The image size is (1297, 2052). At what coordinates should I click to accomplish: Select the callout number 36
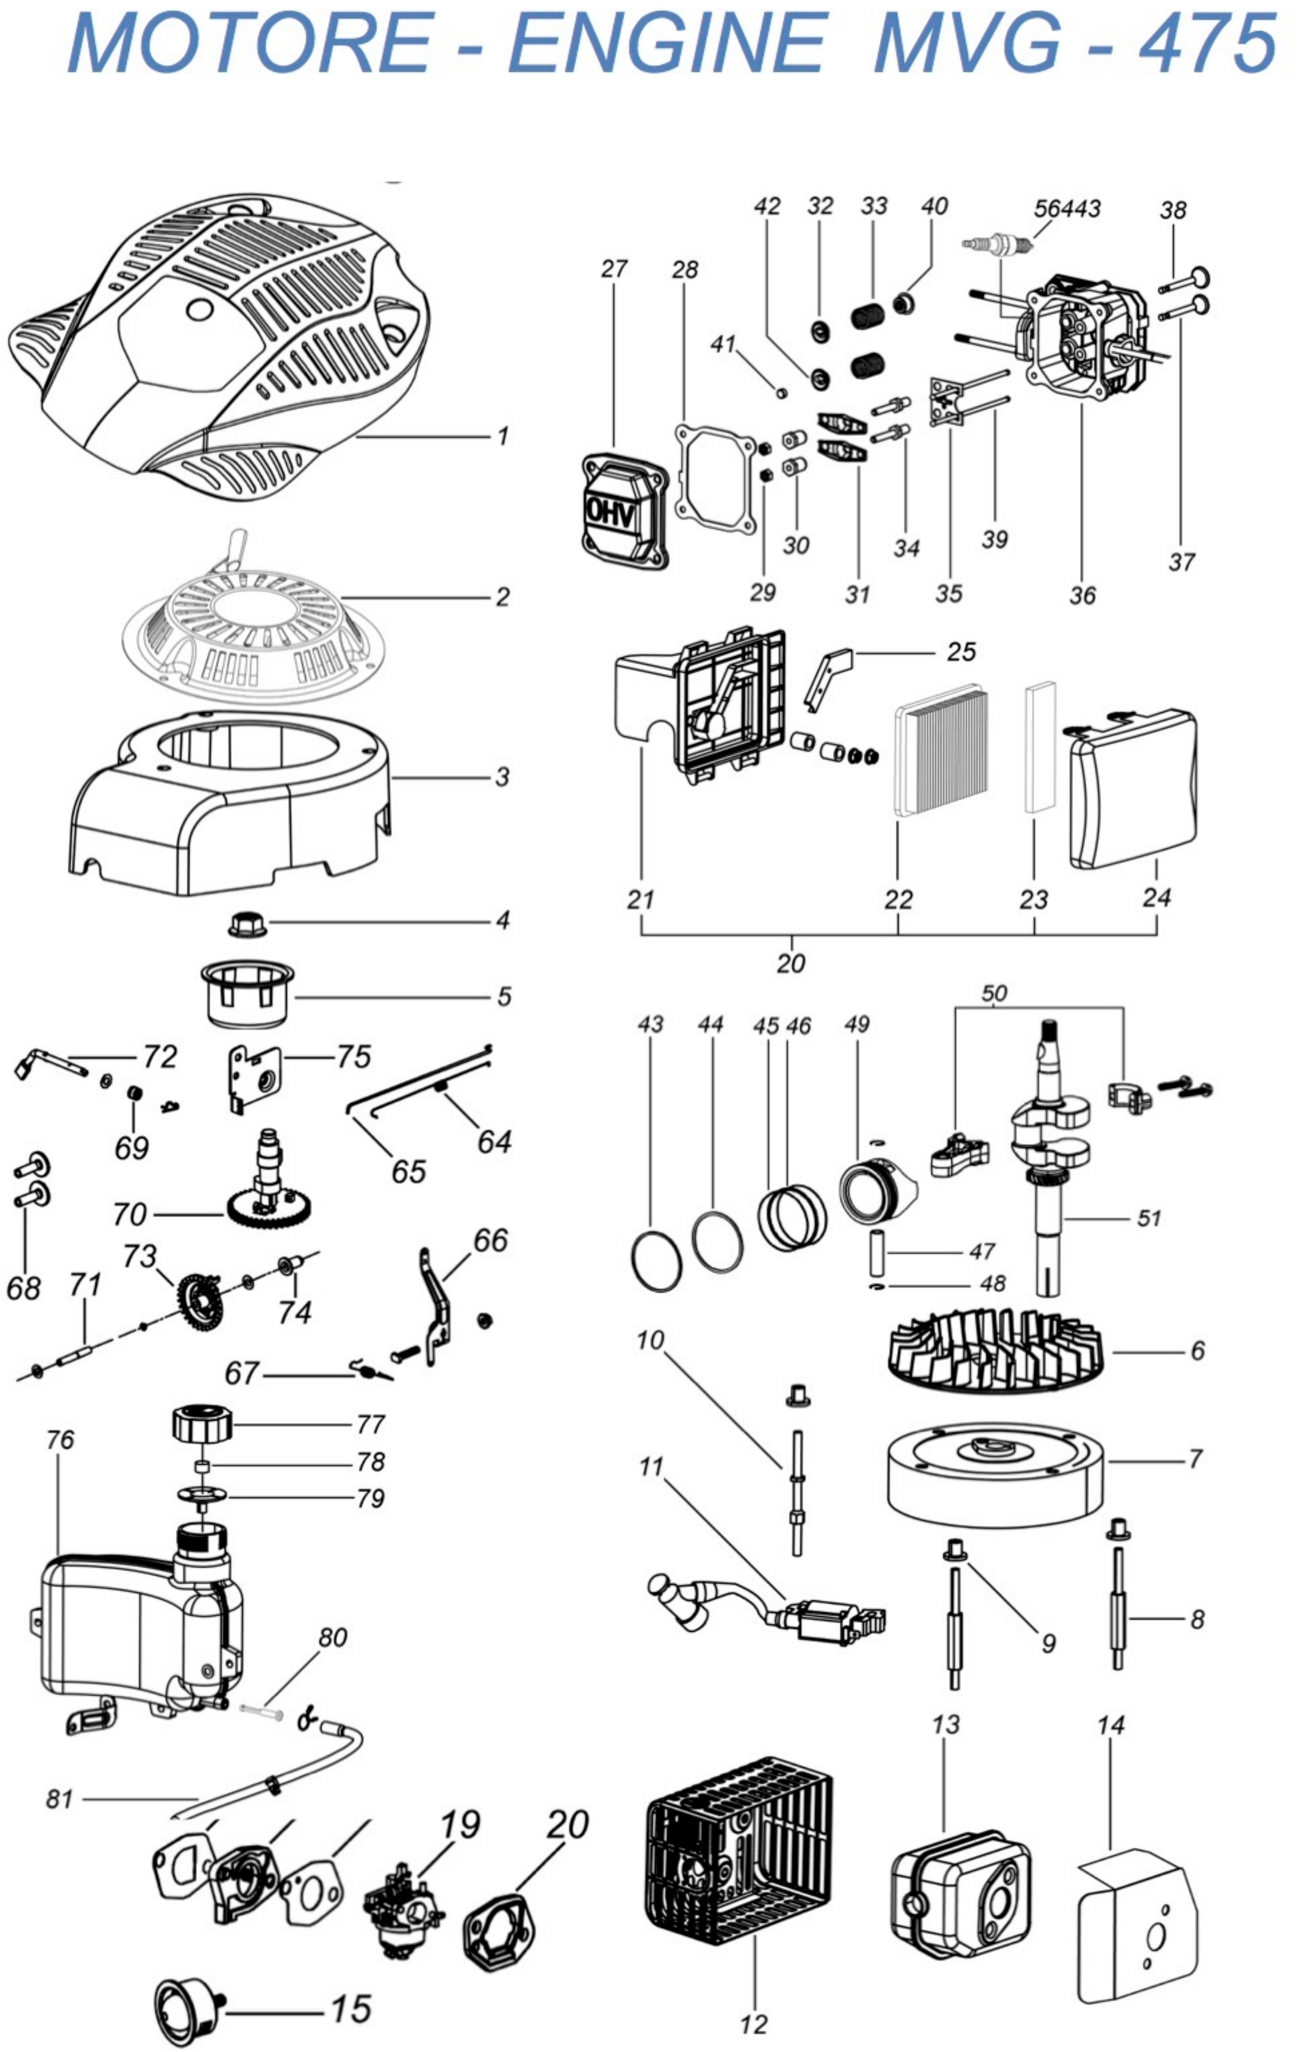(x=1082, y=595)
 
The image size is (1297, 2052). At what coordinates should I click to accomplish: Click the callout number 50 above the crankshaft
(x=993, y=994)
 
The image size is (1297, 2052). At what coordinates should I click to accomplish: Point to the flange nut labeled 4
(x=247, y=923)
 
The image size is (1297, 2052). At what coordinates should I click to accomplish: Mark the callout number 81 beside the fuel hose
(x=60, y=1800)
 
